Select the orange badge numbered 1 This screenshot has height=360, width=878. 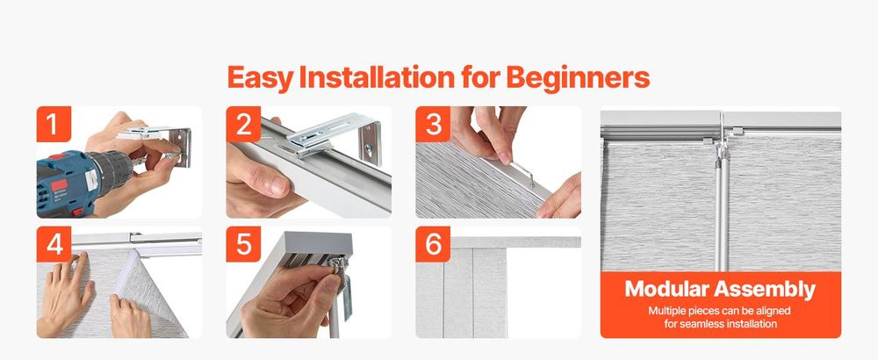pos(54,124)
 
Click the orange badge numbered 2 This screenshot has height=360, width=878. pos(243,124)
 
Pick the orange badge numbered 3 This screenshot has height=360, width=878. pos(433,124)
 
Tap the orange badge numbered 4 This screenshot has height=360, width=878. pos(54,244)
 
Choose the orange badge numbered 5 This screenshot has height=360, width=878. pos(243,244)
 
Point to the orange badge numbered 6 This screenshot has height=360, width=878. pos(433,244)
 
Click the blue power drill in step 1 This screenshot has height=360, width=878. pos(84,178)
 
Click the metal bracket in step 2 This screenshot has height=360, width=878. pos(335,136)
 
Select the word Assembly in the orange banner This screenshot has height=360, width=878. pos(765,291)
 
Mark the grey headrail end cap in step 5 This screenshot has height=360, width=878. pos(318,241)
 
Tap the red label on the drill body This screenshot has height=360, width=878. pos(59,184)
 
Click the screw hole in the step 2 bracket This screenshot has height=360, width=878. pos(369,148)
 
